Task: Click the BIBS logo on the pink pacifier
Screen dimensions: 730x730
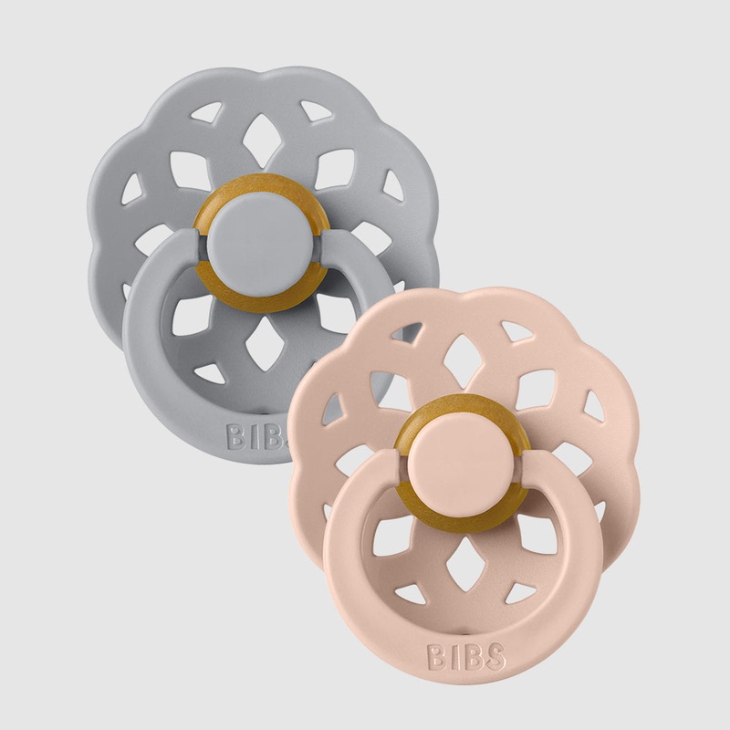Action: pos(466,656)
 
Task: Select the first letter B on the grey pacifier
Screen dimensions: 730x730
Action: pos(237,437)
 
